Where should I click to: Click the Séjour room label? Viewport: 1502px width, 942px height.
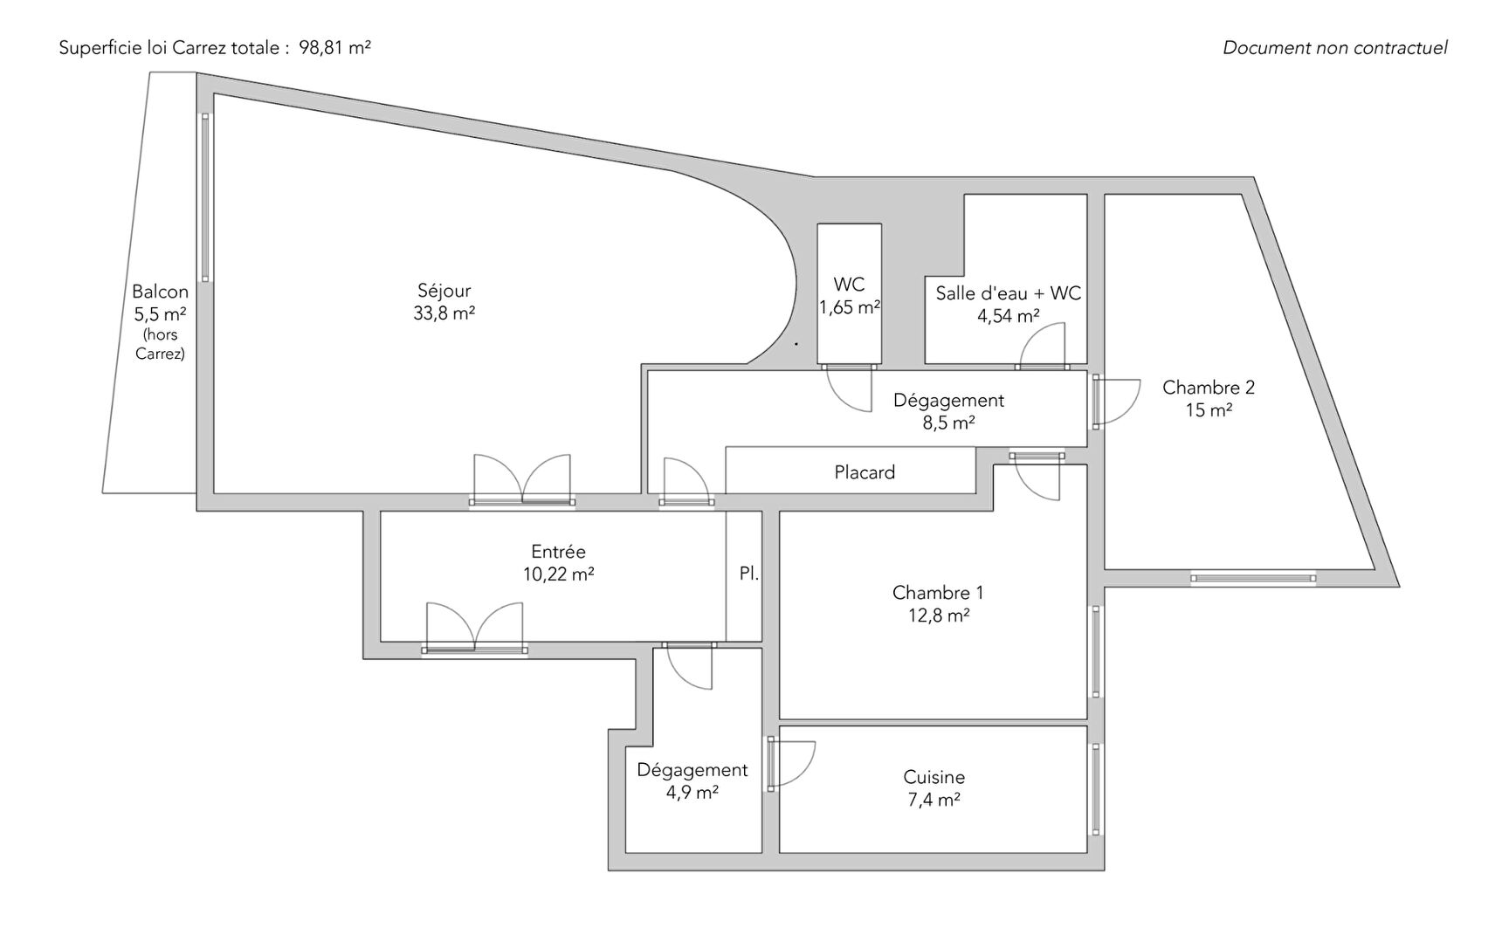(x=444, y=291)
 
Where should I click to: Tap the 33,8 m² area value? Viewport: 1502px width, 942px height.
(x=444, y=313)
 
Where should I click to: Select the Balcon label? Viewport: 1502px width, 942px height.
(x=160, y=292)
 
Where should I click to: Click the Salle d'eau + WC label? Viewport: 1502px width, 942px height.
(x=1008, y=293)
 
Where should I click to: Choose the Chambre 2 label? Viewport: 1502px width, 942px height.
(x=1208, y=388)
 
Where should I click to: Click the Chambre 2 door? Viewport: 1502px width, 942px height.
(x=1116, y=402)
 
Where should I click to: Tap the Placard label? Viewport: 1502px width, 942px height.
(x=865, y=472)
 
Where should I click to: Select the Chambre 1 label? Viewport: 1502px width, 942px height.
(x=937, y=593)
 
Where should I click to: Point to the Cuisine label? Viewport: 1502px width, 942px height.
(x=934, y=777)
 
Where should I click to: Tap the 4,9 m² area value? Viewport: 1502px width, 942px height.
(x=692, y=793)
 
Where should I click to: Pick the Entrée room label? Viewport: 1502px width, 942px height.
(x=558, y=552)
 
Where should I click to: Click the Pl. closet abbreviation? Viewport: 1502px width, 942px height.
(x=748, y=574)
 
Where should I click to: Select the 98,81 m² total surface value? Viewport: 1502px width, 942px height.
(x=334, y=48)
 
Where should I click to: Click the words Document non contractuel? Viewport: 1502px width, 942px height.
(x=1334, y=48)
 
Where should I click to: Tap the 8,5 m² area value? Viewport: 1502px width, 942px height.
(x=948, y=423)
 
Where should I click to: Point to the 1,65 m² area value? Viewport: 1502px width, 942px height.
(x=849, y=307)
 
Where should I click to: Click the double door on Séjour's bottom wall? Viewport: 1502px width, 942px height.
(x=522, y=480)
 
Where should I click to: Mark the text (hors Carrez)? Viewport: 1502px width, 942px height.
(x=160, y=344)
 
